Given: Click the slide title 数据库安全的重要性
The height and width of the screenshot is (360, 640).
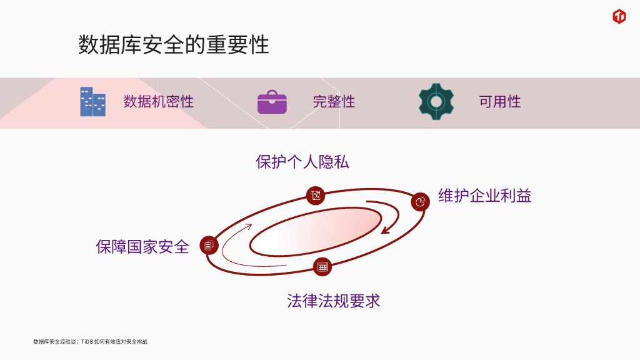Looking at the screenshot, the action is click(173, 46).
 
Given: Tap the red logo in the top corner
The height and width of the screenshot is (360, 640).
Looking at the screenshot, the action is click(619, 17).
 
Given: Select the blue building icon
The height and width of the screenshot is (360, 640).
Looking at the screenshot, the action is click(92, 102).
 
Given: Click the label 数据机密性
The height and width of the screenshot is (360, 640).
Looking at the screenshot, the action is click(158, 102).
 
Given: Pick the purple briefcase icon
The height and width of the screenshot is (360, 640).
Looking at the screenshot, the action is click(272, 102).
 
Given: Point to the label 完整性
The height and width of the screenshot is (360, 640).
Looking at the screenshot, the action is click(334, 102).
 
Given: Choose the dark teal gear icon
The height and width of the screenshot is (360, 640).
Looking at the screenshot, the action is click(436, 102).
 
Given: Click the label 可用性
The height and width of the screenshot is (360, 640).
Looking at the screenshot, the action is click(499, 102).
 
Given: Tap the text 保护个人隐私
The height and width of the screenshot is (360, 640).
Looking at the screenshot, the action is click(302, 162).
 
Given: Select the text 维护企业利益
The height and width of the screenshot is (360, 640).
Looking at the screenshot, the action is click(484, 196).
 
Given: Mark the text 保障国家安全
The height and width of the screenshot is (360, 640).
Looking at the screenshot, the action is click(142, 247).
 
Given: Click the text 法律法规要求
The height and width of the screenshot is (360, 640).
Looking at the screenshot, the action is click(333, 301).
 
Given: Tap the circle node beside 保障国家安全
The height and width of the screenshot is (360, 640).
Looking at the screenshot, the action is click(209, 246).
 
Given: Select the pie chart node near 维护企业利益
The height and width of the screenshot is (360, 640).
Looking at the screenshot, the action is click(421, 202).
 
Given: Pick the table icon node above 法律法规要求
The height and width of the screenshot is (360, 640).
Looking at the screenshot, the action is click(322, 267).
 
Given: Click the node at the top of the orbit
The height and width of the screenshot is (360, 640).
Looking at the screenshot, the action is click(316, 195).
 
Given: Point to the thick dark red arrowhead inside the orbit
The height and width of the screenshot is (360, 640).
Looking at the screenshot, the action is click(386, 229).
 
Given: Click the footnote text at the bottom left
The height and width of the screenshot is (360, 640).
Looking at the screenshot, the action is click(90, 342).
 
